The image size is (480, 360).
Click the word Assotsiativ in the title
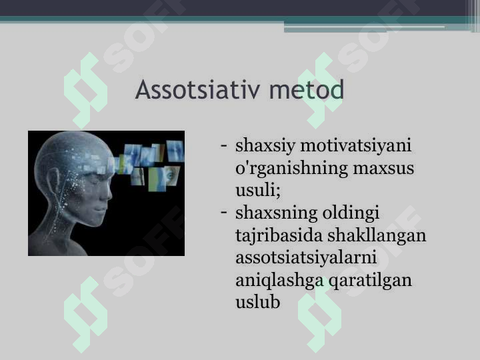tap(190, 89)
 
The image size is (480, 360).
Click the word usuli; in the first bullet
tap(258, 190)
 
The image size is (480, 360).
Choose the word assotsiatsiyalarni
tap(306, 257)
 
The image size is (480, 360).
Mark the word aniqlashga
tap(279, 280)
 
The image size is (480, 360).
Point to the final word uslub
tap(257, 302)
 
